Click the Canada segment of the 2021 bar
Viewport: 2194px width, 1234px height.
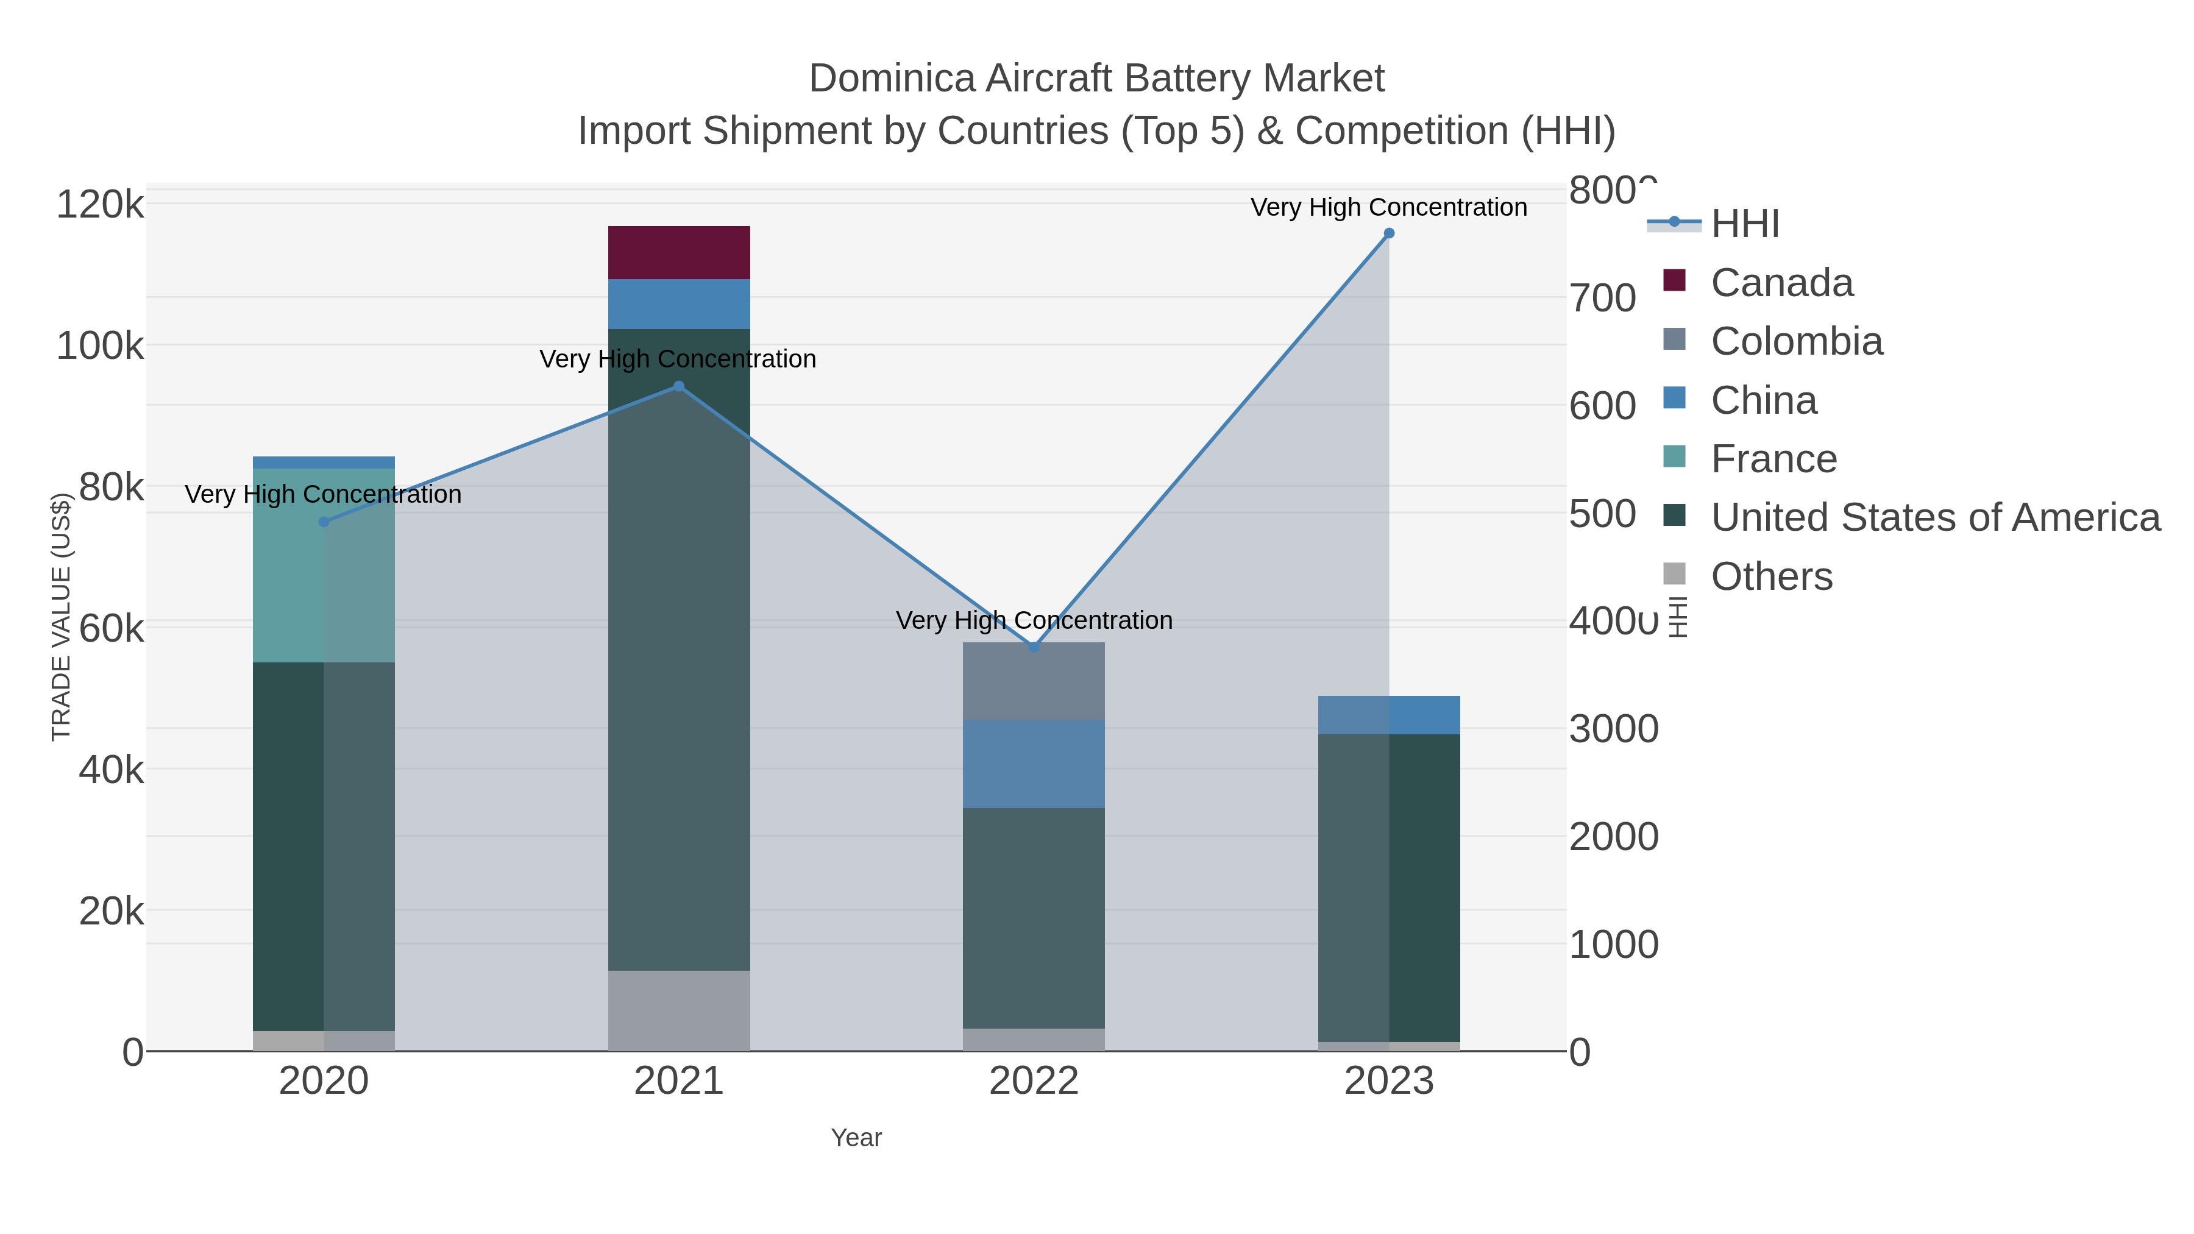click(679, 252)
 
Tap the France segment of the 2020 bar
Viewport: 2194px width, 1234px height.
click(323, 566)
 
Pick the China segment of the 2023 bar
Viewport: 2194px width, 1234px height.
click(1388, 715)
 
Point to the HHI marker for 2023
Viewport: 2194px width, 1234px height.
click(1388, 233)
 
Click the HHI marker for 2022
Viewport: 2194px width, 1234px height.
click(1034, 647)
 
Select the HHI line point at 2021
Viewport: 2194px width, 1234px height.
click(679, 386)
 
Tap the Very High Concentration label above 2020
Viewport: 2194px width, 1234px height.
click(323, 494)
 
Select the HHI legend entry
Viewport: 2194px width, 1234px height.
click(1744, 224)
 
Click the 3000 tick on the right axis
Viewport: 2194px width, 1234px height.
click(1613, 729)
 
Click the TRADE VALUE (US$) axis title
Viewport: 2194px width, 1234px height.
click(62, 617)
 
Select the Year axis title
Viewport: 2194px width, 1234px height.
click(856, 1138)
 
